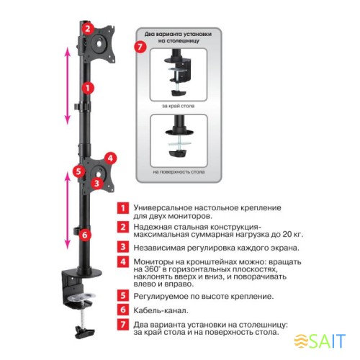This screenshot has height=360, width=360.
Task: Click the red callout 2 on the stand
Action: point(87,29)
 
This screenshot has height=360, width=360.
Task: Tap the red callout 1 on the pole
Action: point(87,88)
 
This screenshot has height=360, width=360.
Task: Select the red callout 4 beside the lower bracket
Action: point(109,158)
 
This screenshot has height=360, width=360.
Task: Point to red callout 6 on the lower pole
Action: point(85,234)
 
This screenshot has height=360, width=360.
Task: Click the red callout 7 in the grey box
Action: point(141,47)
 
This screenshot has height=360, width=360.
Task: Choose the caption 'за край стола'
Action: point(178,106)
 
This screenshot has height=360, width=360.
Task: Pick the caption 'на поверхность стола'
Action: point(179,173)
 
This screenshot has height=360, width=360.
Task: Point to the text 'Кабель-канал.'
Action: point(158,310)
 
